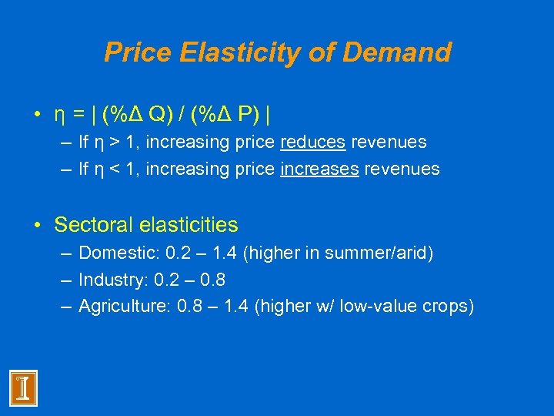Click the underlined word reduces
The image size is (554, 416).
coord(313,143)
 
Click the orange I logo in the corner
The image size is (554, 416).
coord(23,388)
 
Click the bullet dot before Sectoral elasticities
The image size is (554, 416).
coord(37,226)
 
